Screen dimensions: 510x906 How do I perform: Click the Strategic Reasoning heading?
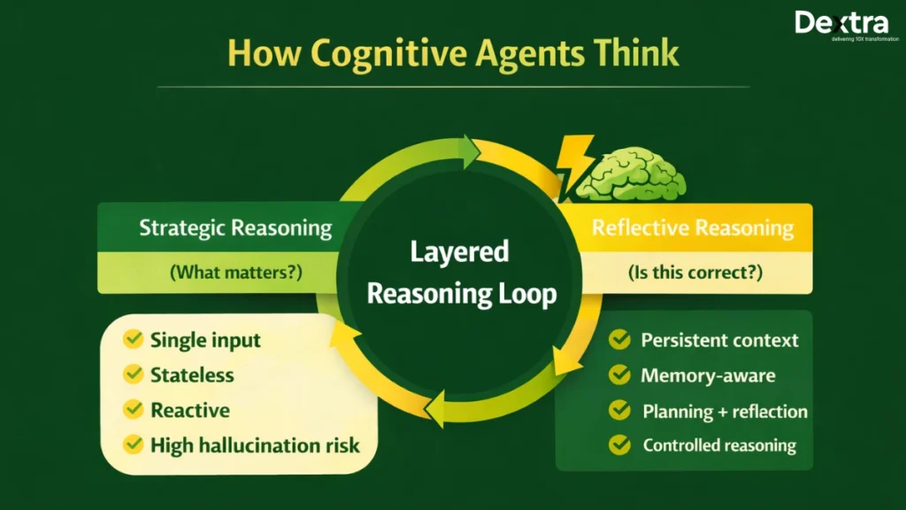[x=235, y=228]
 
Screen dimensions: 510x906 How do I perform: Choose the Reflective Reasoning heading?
[x=693, y=228]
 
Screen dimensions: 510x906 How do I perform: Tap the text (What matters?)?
[x=235, y=273]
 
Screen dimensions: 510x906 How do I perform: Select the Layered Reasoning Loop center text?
[x=460, y=273]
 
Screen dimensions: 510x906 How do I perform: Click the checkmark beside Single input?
[x=134, y=339]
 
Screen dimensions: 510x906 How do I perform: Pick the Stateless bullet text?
[x=192, y=375]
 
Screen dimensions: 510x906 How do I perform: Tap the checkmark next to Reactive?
[x=134, y=410]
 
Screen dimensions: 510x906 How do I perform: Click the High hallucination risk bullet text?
[x=255, y=444]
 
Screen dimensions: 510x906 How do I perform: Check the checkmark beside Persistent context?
[x=620, y=340]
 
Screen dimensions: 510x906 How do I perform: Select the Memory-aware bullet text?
[x=708, y=375]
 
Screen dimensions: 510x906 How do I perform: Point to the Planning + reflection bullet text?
[x=725, y=411]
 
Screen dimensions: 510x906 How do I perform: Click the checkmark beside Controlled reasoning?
[x=620, y=445]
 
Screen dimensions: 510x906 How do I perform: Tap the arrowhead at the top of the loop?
[x=468, y=152]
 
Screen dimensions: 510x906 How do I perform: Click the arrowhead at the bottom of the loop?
[x=437, y=409]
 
